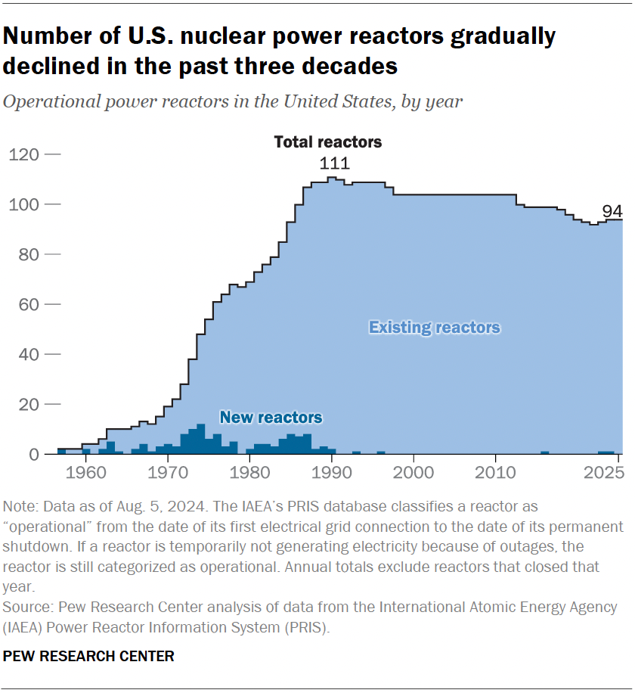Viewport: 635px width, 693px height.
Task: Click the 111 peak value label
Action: (334, 164)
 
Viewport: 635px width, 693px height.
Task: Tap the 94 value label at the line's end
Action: (612, 210)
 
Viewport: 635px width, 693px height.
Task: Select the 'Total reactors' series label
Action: (327, 141)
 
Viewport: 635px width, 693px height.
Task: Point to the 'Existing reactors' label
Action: (434, 328)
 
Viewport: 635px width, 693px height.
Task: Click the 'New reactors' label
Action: (271, 418)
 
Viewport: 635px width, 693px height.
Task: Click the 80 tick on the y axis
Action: (28, 254)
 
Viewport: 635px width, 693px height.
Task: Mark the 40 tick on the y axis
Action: (28, 354)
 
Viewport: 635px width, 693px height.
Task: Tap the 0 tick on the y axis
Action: (34, 455)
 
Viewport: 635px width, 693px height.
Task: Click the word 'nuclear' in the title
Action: (221, 36)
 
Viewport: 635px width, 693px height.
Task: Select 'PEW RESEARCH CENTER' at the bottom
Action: (88, 656)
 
